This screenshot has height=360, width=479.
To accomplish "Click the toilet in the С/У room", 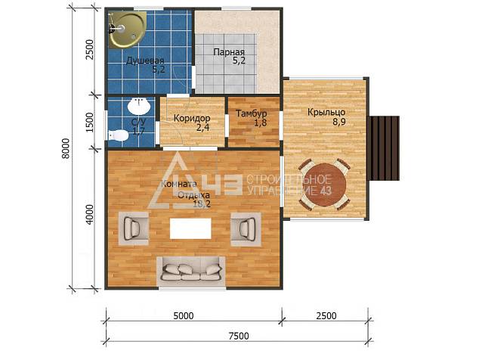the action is [x=118, y=135].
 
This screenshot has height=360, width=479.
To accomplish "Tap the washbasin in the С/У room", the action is [x=139, y=106].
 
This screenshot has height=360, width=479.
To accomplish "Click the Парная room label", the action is [x=229, y=52].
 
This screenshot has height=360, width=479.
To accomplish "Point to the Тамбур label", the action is [x=252, y=113].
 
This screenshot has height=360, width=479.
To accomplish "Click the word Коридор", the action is [x=192, y=118].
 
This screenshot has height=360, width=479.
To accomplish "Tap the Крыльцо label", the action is [x=326, y=112].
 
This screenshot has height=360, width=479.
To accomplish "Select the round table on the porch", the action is [x=325, y=185].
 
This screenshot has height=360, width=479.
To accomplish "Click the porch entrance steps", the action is [x=385, y=148].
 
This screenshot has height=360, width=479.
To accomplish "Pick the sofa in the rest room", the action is [x=192, y=272].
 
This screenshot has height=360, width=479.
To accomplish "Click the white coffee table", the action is [x=190, y=228].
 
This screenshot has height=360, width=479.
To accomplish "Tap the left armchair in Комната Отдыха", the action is [x=134, y=228].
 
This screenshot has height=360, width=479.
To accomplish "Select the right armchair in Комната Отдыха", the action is [x=246, y=229].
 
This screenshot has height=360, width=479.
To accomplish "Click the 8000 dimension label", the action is [x=66, y=148].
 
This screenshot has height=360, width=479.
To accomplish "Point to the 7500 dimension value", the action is [x=239, y=336].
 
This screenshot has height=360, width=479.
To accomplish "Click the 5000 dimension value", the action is [x=184, y=315].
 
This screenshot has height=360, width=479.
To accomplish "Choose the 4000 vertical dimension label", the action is [x=89, y=215].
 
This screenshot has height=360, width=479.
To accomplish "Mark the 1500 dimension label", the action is [x=89, y=122].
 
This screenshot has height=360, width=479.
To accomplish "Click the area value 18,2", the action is [x=202, y=204].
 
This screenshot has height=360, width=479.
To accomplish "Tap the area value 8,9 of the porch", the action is [x=339, y=122].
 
